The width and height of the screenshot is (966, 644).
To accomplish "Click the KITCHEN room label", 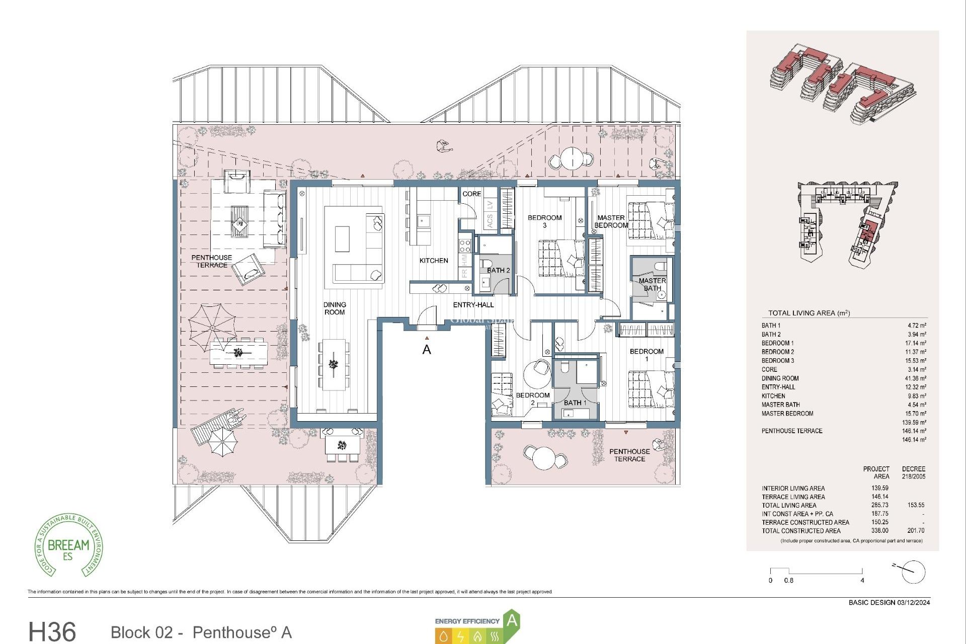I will pos(434,261).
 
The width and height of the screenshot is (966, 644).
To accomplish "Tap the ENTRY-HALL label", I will pos(473,305).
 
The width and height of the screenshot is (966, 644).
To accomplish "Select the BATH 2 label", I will pos(498,271).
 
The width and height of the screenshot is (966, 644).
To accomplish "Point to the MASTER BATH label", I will pos(652,285).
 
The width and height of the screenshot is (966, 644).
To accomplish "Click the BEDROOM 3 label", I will pos(544,221).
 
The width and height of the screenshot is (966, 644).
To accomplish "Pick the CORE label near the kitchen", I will pos(472,194).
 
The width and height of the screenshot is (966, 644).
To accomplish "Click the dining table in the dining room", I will pos(333,364).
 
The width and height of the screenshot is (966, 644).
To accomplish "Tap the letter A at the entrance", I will pos(427,350).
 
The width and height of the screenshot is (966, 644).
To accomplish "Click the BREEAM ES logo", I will pos(68,546).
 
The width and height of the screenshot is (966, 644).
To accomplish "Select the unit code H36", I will pos(52,631).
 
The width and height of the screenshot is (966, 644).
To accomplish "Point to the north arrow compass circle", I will pos(913,572).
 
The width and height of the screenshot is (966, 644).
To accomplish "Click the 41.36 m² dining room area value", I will pos(916,378).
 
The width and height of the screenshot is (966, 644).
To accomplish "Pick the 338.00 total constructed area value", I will pos(880,531).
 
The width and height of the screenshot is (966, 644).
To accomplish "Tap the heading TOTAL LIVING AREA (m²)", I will pos(809,313).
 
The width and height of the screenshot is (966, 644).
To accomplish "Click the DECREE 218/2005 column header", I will pos(913,472).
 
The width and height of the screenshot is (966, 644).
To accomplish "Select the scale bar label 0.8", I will pos(788,581).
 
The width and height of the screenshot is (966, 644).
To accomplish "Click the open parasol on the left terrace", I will pos(212,328).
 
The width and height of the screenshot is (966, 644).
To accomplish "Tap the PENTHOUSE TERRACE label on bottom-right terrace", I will pos(629,455).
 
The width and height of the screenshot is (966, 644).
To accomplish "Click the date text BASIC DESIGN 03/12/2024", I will pos(889,603).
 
